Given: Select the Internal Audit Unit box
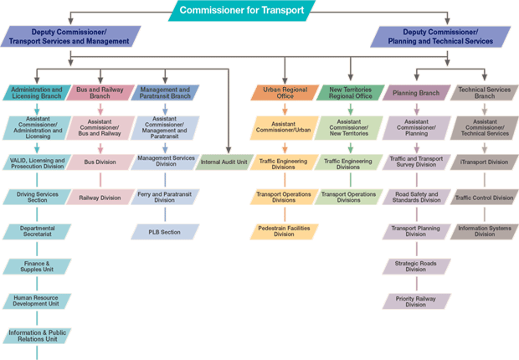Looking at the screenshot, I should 224,162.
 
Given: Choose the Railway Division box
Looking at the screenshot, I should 100,198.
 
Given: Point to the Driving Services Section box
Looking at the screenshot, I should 37,197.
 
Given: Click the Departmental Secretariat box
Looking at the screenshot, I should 37,231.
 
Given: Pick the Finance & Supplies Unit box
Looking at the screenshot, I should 37,266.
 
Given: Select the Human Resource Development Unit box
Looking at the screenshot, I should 37,301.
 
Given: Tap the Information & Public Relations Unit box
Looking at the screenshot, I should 37,336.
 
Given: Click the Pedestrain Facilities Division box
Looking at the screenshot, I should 284,231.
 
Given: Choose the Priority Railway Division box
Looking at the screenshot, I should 415,301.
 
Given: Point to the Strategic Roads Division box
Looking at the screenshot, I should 415,266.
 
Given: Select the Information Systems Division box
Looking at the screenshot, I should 484,231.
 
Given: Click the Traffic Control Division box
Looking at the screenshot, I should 484,198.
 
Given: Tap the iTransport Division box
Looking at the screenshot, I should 484,162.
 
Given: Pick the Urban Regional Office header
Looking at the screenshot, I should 284,91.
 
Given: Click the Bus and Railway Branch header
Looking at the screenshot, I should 100,91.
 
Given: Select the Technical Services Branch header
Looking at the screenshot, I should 484,91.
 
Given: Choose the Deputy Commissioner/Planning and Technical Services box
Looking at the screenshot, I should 442,36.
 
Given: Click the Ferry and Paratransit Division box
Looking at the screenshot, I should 165,197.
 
